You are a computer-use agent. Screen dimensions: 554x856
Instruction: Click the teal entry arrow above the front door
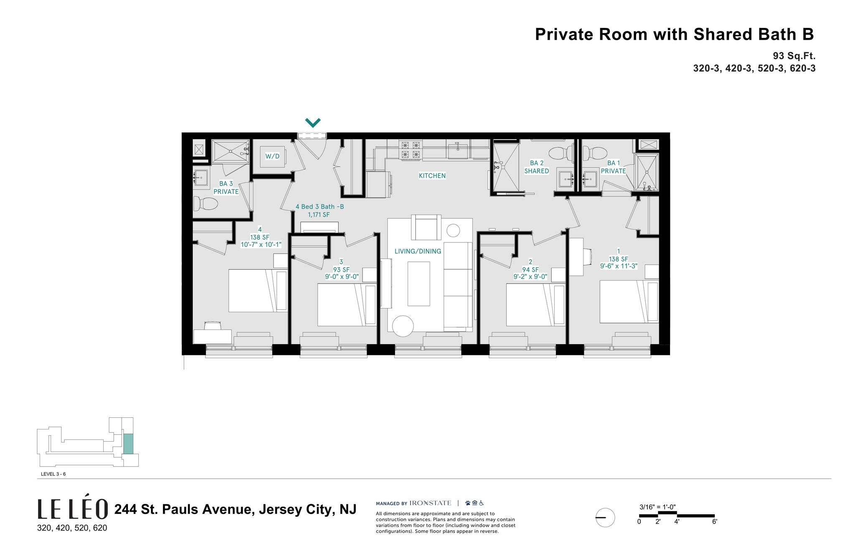pyautogui.click(x=313, y=123)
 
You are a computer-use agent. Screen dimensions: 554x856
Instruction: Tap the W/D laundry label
pyautogui.click(x=272, y=156)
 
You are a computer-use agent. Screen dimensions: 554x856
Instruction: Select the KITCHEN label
pyautogui.click(x=432, y=176)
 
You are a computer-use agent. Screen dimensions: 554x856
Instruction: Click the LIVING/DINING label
pyautogui.click(x=418, y=251)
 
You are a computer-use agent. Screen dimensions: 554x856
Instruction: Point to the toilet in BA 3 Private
pyautogui.click(x=206, y=204)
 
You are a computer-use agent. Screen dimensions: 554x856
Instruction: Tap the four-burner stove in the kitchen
pyautogui.click(x=410, y=150)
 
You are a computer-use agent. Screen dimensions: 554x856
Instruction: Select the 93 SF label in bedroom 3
pyautogui.click(x=341, y=270)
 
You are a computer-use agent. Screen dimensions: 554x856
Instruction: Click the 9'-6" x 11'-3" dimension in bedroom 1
pyautogui.click(x=618, y=266)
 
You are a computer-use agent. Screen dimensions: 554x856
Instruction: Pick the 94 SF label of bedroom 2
pyautogui.click(x=530, y=270)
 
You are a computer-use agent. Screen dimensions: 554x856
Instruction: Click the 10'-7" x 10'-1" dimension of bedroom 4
pyautogui.click(x=261, y=245)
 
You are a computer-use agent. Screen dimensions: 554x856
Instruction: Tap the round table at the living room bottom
pyautogui.click(x=403, y=326)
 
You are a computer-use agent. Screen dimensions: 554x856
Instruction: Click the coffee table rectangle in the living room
pyautogui.click(x=418, y=283)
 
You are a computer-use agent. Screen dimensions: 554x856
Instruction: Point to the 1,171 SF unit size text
pyautogui.click(x=319, y=215)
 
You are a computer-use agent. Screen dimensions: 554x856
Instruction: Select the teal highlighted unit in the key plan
pyautogui.click(x=128, y=444)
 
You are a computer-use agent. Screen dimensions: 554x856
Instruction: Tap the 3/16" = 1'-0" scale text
pyautogui.click(x=657, y=507)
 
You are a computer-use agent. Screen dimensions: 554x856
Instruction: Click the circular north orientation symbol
pyautogui.click(x=605, y=518)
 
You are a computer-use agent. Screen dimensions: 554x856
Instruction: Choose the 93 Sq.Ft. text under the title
pyautogui.click(x=794, y=56)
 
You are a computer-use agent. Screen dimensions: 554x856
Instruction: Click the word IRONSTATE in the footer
pyautogui.click(x=430, y=503)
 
